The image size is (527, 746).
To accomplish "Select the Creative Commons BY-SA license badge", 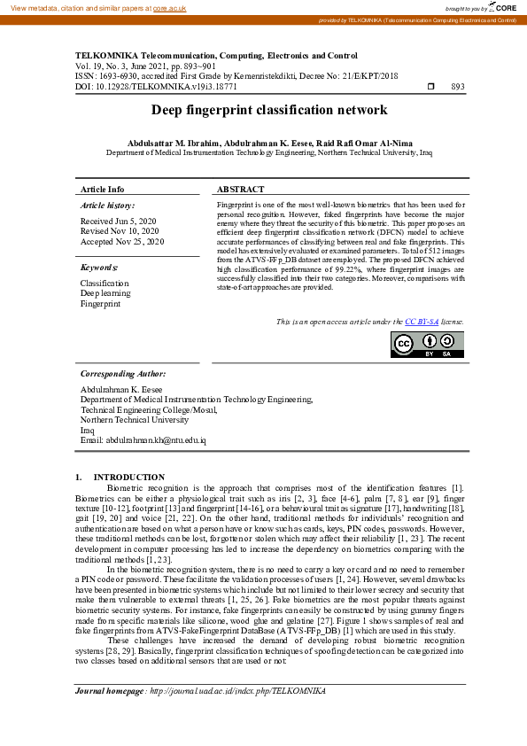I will (x=427, y=345).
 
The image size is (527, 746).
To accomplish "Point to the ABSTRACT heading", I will (x=240, y=190).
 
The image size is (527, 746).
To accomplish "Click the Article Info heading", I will (x=103, y=190).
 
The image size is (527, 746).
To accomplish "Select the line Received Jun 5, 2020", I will (x=118, y=221).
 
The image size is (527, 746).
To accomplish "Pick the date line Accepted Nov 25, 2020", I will (x=122, y=241).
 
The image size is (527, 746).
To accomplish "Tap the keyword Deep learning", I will (x=105, y=293).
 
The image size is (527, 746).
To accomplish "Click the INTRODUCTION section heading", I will (x=128, y=478).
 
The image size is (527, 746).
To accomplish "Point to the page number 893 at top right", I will (x=458, y=87).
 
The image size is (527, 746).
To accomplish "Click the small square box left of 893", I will (x=430, y=87).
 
